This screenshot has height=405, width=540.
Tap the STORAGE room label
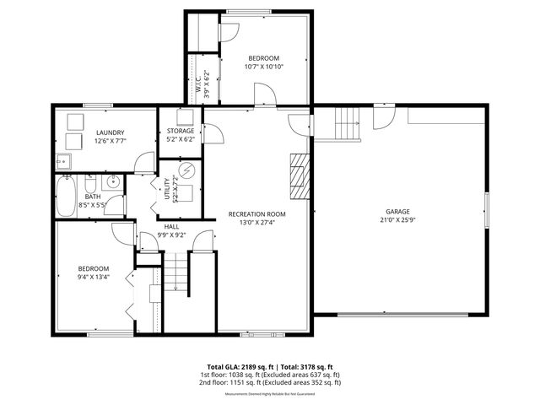click(181, 131)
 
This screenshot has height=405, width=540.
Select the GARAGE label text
click(397, 211)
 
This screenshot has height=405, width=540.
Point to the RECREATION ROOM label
click(257, 214)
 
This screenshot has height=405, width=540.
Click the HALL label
click(171, 226)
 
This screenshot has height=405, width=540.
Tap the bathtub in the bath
click(67, 196)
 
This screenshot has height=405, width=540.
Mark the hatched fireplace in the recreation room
click(298, 172)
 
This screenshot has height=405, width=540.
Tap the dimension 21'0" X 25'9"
click(397, 221)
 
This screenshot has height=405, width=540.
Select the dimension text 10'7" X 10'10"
click(263, 67)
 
